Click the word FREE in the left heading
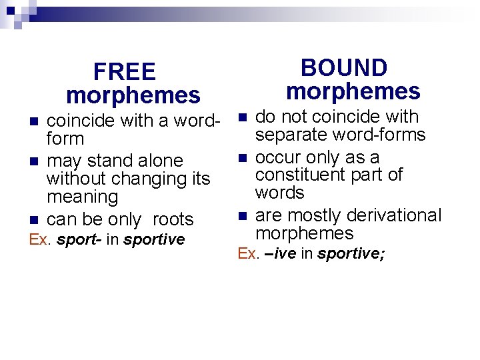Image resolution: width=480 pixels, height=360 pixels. pyautogui.click(x=125, y=72)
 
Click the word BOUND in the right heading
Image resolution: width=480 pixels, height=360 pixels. pyautogui.click(x=344, y=68)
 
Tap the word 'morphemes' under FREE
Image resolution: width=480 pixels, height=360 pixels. pyautogui.click(x=133, y=96)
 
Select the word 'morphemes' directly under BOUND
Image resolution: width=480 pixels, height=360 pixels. pyautogui.click(x=353, y=91)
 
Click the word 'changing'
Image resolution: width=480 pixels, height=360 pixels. pyautogui.click(x=148, y=179)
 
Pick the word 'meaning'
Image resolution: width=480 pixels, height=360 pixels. pyautogui.click(x=82, y=197)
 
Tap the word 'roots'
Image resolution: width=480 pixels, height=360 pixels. pyautogui.click(x=173, y=219)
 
